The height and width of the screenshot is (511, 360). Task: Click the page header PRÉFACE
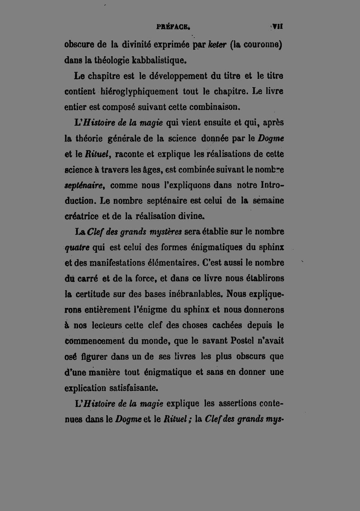pos(173,27)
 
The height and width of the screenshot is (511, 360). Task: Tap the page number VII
pos(278,26)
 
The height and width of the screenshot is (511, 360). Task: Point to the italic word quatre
pos(77,248)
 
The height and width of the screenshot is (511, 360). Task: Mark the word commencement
pos(94,341)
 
